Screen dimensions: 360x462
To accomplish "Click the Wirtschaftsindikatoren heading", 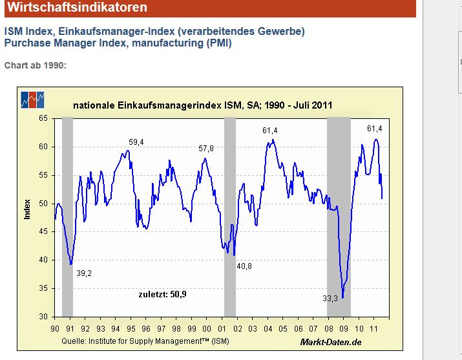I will coord(77,8).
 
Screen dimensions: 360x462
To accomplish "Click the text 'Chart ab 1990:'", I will coord(36,65).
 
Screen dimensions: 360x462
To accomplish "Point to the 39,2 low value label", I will coord(84,273).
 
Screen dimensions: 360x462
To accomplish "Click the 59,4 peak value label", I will coord(136,142).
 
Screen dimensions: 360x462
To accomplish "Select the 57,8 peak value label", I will coord(206,149).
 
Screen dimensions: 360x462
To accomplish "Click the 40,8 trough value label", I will coord(246,266).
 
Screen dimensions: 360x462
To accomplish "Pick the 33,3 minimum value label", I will coord(330,299).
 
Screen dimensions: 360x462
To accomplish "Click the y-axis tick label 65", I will coord(43,118).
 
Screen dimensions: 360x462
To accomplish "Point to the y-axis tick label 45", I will coord(43,231).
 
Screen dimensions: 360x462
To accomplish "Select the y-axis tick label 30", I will coord(43,317).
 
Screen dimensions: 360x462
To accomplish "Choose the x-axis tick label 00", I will coord(207,328).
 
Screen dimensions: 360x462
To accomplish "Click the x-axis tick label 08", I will coord(328,328).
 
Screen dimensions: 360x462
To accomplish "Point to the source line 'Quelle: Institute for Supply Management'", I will coord(145,341).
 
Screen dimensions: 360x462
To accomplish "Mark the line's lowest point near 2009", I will coord(342,297).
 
